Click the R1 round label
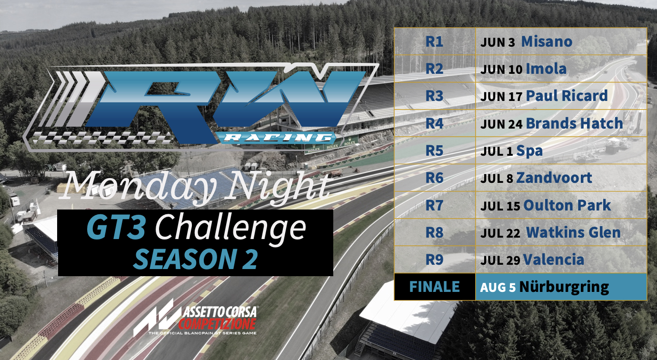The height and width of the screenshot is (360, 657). coord(434,41)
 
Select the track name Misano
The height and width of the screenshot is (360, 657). coord(547,41)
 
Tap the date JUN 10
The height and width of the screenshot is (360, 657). coord(501,70)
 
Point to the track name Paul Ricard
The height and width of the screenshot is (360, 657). coord(567,96)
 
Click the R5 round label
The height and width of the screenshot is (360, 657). coord(434,151)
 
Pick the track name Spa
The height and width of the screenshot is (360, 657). coord(529,151)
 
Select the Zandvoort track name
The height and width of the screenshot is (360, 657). coord(554,178)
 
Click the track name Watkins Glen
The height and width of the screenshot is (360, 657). coord(573,232)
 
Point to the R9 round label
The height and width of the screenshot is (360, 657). coord(434,260)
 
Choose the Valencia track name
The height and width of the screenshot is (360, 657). coord(554,260)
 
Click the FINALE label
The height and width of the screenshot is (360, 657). coord(434,287)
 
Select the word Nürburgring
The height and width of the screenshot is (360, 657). coord(564,288)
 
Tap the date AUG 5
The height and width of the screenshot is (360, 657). coord(498,288)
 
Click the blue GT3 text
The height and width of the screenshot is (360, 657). coord(116,228)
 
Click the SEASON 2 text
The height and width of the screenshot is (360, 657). coord(195,259)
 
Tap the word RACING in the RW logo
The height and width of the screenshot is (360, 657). coord(276,137)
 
